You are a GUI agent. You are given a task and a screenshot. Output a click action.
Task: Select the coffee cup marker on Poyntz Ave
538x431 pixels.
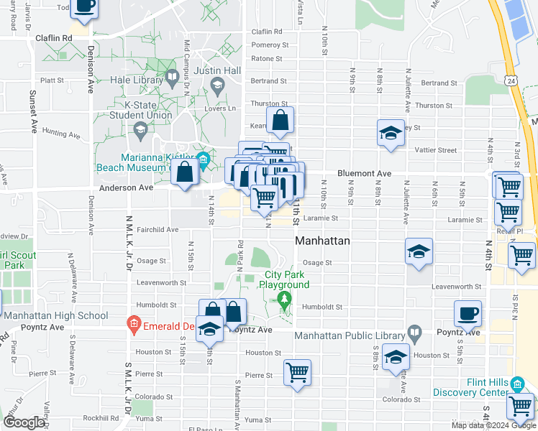468,314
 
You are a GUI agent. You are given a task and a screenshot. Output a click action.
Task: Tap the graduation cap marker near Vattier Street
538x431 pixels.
391,134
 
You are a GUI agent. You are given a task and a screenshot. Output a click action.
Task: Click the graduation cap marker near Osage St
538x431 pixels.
419,252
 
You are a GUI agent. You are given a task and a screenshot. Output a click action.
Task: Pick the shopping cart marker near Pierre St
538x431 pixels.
297,373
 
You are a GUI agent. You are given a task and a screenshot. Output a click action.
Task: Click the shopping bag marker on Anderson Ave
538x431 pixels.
185,172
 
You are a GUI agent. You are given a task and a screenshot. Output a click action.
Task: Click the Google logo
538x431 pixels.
24,422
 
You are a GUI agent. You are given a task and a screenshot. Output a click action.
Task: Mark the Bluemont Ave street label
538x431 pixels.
364,174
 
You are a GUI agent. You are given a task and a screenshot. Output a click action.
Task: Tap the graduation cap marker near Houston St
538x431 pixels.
396,357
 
